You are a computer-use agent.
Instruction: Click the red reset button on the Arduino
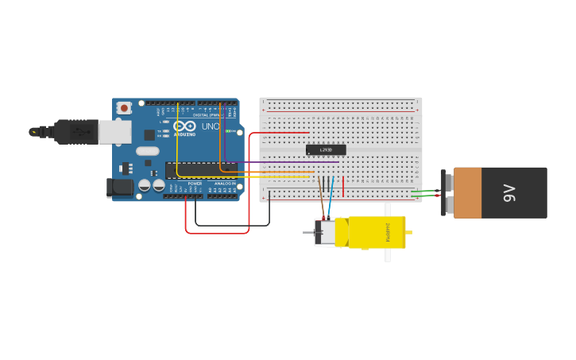coord(124,108)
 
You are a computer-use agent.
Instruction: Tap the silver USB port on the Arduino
coord(114,132)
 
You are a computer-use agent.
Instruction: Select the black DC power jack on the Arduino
coord(120,187)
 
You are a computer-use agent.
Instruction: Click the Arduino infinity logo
coord(184,126)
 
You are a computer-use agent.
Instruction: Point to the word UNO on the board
coord(211,126)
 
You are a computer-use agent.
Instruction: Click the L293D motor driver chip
coord(326,149)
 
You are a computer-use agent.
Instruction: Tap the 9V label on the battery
coord(510,192)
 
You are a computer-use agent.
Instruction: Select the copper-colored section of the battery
coord(468,192)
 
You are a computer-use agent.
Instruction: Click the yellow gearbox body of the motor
coord(373,232)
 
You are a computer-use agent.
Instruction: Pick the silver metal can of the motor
coord(324,233)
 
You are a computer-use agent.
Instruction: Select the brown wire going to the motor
coord(321,195)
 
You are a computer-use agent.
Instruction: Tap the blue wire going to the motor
coord(331,199)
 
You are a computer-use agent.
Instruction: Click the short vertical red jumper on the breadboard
coord(343,186)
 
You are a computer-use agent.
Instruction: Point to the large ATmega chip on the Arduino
coord(199,168)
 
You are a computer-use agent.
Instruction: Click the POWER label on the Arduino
coord(195,184)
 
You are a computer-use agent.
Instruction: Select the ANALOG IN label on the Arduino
coord(223,184)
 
